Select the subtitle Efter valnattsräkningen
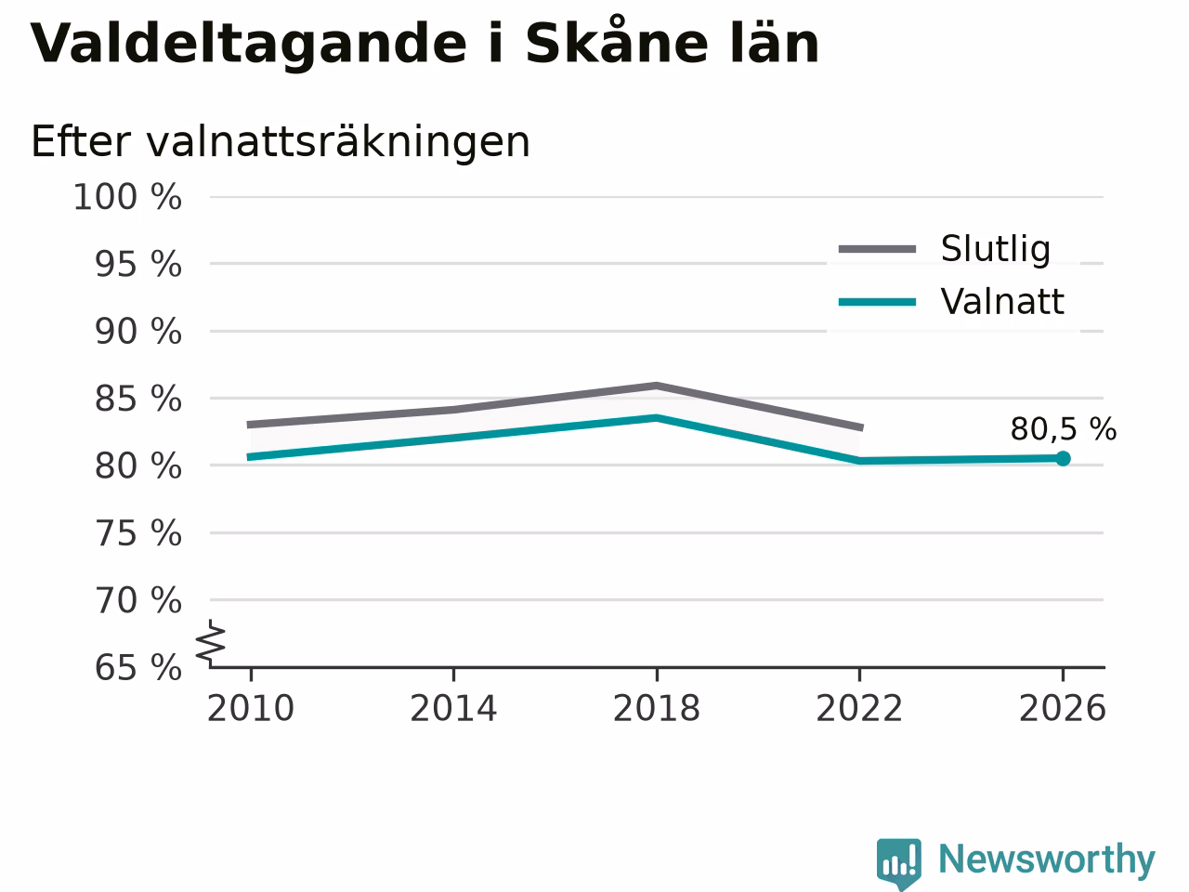pos(280,142)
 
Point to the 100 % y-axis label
pos(127,197)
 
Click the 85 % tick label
pos(138,400)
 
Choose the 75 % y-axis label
pos(138,533)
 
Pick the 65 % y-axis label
pos(138,667)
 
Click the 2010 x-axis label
pos(250,708)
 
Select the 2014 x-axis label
pos(453,708)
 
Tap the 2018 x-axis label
pos(657,708)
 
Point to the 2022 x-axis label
pos(859,708)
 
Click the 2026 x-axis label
pos(1063,708)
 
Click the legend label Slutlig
pos(996,249)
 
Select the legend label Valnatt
pos(1002,301)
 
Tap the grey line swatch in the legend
pos(877,249)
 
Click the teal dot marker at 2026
pos(1063,459)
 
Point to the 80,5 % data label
pos(1064,429)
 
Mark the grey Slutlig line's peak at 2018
pos(657,386)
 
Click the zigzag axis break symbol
pos(210,642)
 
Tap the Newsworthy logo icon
pos(899,863)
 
